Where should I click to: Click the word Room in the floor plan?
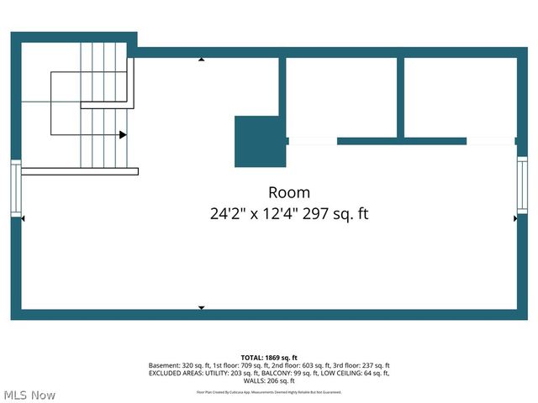coord(289,192)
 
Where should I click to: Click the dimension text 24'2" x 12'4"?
coord(258,214)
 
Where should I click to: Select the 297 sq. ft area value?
coord(340,214)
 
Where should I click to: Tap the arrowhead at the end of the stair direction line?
coord(123,134)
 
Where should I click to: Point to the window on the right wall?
coord(522,186)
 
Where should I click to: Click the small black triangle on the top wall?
coord(201,60)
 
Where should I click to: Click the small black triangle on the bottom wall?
coord(201,308)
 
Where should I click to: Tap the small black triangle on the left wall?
coord(23,218)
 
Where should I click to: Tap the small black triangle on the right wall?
coord(515,218)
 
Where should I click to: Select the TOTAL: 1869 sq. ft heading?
coord(269,357)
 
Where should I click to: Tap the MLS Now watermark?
coord(29,395)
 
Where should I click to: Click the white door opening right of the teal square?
coord(312,141)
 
